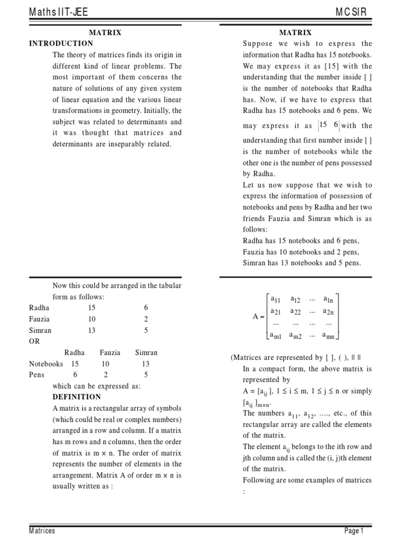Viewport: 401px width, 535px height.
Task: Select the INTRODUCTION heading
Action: [61, 43]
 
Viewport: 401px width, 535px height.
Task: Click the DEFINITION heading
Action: [77, 397]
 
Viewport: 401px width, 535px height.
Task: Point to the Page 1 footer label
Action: [359, 531]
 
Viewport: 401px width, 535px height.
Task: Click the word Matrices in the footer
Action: [42, 531]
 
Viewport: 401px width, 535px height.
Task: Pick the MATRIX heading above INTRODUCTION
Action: [105, 32]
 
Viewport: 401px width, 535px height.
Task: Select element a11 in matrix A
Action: [276, 299]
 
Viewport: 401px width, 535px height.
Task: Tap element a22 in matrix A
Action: [296, 311]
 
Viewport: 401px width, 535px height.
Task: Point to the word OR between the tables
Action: [34, 341]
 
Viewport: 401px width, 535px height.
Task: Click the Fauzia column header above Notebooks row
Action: [110, 353]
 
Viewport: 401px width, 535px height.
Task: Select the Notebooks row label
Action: [45, 364]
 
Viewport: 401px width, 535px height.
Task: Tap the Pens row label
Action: [37, 375]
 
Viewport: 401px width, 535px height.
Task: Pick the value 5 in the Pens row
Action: [146, 375]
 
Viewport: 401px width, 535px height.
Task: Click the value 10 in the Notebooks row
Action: [105, 364]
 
